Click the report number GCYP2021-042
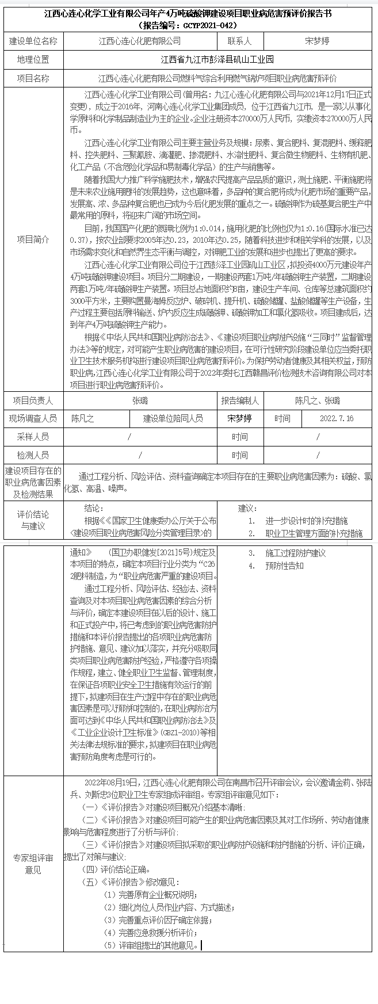coord(204,25)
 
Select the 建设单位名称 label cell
coord(33,41)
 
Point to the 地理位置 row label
coord(33,60)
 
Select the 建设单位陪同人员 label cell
coord(173,419)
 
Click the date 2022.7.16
coord(337,419)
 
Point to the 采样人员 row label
coord(33,437)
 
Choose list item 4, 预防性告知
coord(284,566)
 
